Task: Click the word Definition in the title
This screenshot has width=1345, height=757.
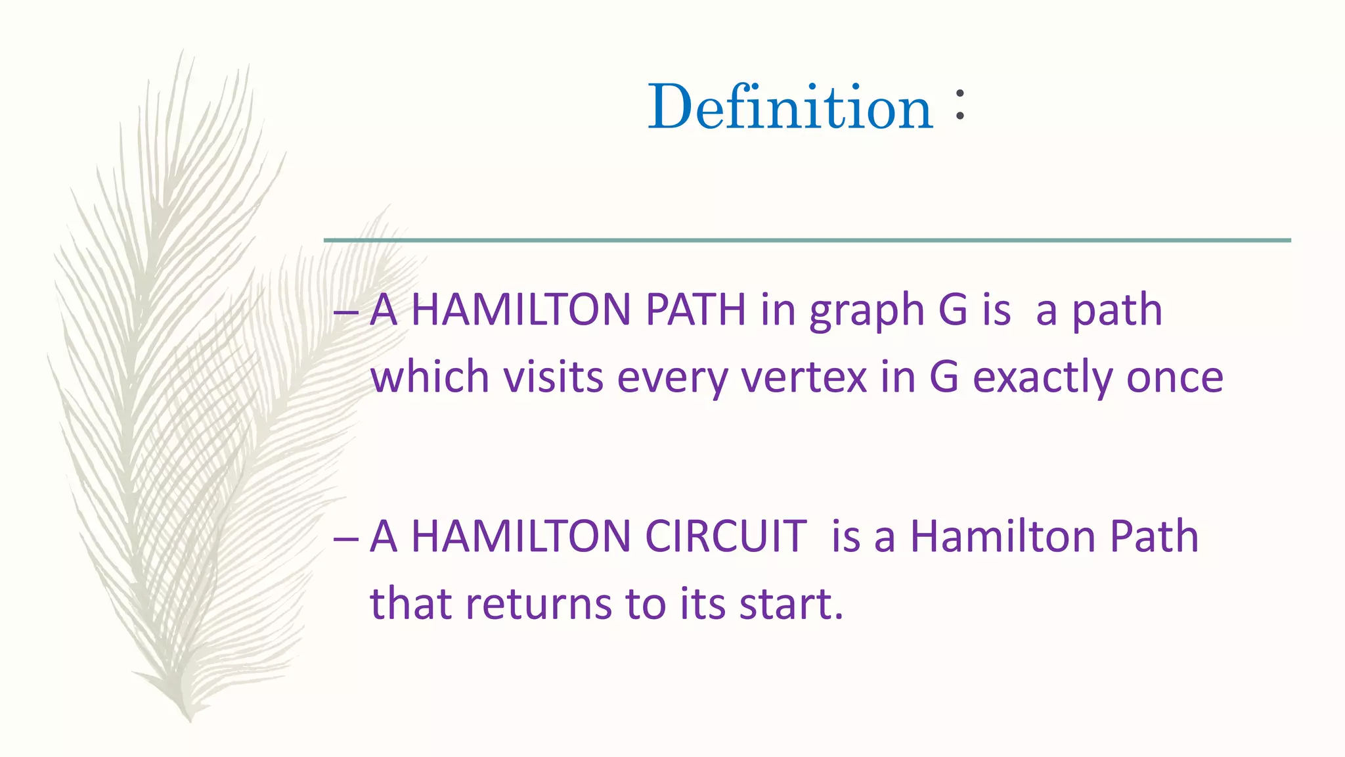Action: (790, 106)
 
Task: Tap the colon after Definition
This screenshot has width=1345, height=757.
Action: (960, 105)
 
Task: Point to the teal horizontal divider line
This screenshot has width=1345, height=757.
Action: (807, 241)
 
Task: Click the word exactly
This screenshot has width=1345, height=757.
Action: (1042, 378)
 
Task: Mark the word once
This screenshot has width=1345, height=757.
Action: (1175, 378)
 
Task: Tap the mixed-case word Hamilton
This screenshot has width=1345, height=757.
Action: (1003, 537)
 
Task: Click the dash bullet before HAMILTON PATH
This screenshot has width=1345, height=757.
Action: (345, 313)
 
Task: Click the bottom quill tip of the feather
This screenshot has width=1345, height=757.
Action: (189, 719)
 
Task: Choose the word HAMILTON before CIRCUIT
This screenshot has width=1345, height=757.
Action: (521, 537)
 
